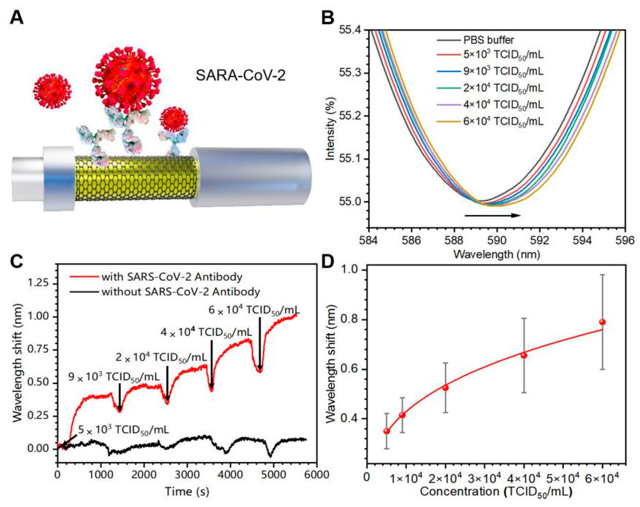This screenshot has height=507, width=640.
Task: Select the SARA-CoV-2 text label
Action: click(240, 76)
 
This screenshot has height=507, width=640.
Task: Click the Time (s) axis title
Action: click(187, 491)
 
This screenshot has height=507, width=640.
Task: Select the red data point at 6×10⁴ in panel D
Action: click(602, 322)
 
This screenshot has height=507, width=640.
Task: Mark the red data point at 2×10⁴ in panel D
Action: click(445, 388)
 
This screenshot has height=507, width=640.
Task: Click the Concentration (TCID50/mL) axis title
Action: click(495, 492)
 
